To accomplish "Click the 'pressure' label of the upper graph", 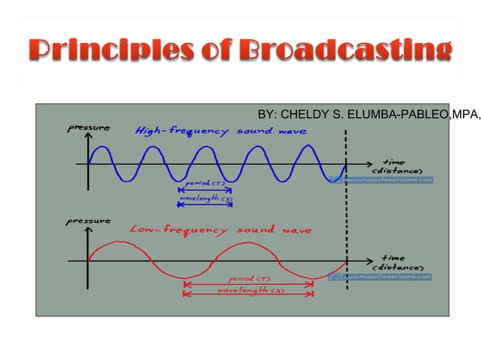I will click(90, 128).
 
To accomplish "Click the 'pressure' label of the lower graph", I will click(90, 221).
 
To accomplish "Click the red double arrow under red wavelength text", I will click(249, 295).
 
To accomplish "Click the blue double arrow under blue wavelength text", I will click(204, 205).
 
